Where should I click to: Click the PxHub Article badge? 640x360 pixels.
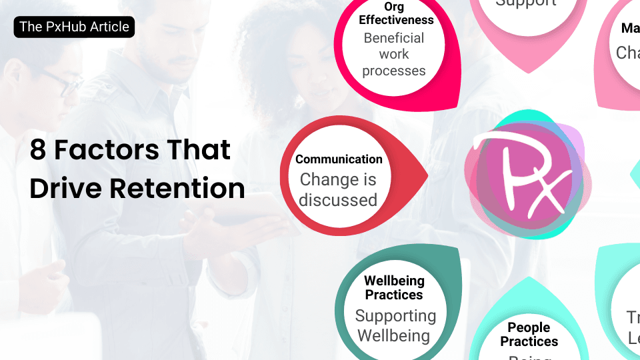pos(74,27)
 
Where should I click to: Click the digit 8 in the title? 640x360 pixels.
pos(38,150)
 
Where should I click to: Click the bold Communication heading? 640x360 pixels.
pos(339,159)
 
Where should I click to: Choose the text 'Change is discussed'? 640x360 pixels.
pos(338,189)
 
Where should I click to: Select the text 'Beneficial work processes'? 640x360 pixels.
pos(394,54)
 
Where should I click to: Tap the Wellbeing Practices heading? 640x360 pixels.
pos(394,287)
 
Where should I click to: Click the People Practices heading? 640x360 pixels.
pos(529,335)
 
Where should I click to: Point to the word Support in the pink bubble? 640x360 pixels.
pos(525,3)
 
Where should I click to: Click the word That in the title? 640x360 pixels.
pos(199,150)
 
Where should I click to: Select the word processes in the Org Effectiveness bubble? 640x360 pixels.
pos(394,70)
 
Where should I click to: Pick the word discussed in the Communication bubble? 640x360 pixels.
pos(338,199)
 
